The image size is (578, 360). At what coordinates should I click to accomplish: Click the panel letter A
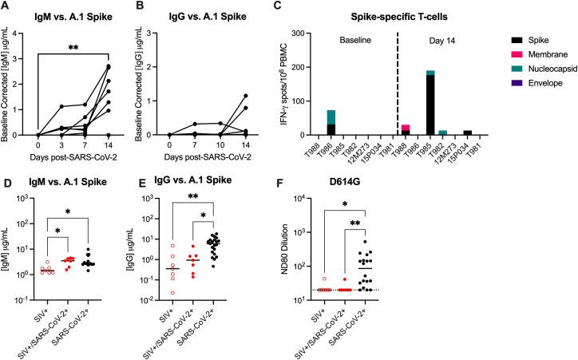[x=6, y=6]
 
